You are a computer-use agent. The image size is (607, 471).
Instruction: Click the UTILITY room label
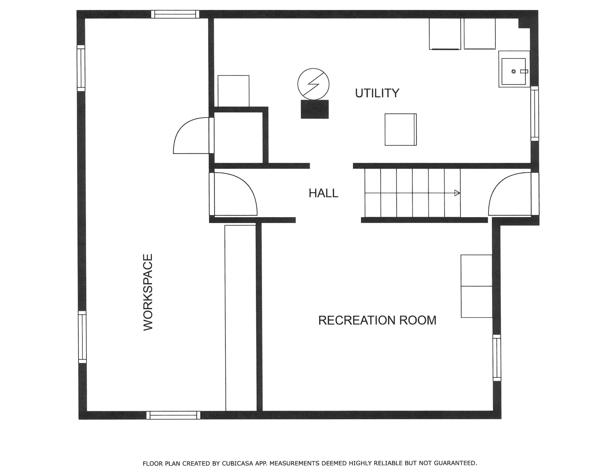[x=377, y=93]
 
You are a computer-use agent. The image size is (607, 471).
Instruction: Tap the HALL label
[x=324, y=193]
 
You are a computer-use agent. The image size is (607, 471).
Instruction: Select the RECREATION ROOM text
[x=377, y=320]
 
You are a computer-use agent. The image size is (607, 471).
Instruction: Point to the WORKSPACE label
[x=148, y=292]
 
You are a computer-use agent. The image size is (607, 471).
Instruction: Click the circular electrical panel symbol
[x=314, y=84]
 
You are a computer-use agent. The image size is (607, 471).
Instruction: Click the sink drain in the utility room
[x=514, y=71]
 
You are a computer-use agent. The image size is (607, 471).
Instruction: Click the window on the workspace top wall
[x=175, y=14]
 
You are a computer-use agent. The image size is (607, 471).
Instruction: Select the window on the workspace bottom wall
[x=173, y=415]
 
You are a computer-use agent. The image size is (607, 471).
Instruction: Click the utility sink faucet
[x=524, y=71]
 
